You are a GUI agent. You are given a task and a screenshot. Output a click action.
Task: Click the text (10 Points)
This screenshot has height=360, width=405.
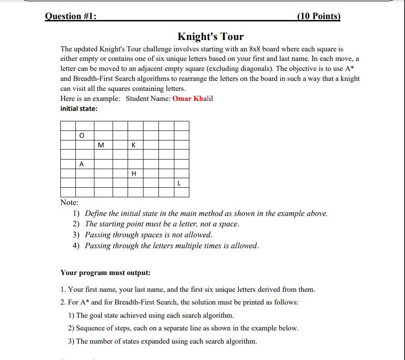[x=318, y=16]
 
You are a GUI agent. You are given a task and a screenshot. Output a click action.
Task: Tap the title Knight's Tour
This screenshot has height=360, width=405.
[x=210, y=36]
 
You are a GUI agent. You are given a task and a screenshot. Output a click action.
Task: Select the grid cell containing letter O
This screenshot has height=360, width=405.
[x=82, y=135]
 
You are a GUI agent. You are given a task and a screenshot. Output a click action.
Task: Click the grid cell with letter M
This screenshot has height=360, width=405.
[x=101, y=145]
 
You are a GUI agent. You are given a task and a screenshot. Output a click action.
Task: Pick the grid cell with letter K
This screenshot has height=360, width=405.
[x=133, y=145]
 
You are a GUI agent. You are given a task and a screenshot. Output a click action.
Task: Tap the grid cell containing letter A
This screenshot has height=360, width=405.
[x=82, y=164]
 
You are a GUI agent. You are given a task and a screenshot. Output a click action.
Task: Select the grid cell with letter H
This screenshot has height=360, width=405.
[x=133, y=174]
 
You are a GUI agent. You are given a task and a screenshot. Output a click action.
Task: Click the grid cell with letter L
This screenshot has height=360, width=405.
[x=179, y=183]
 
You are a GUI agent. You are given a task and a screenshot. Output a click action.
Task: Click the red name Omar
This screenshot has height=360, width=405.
[x=182, y=99]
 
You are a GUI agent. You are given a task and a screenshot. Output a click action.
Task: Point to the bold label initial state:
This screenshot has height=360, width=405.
[x=79, y=109]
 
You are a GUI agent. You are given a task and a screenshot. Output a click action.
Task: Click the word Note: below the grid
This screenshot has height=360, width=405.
[x=69, y=202]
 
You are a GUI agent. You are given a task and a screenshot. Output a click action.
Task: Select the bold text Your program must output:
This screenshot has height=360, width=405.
[x=105, y=273]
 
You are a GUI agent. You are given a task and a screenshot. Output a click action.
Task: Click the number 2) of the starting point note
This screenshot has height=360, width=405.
[x=76, y=224]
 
